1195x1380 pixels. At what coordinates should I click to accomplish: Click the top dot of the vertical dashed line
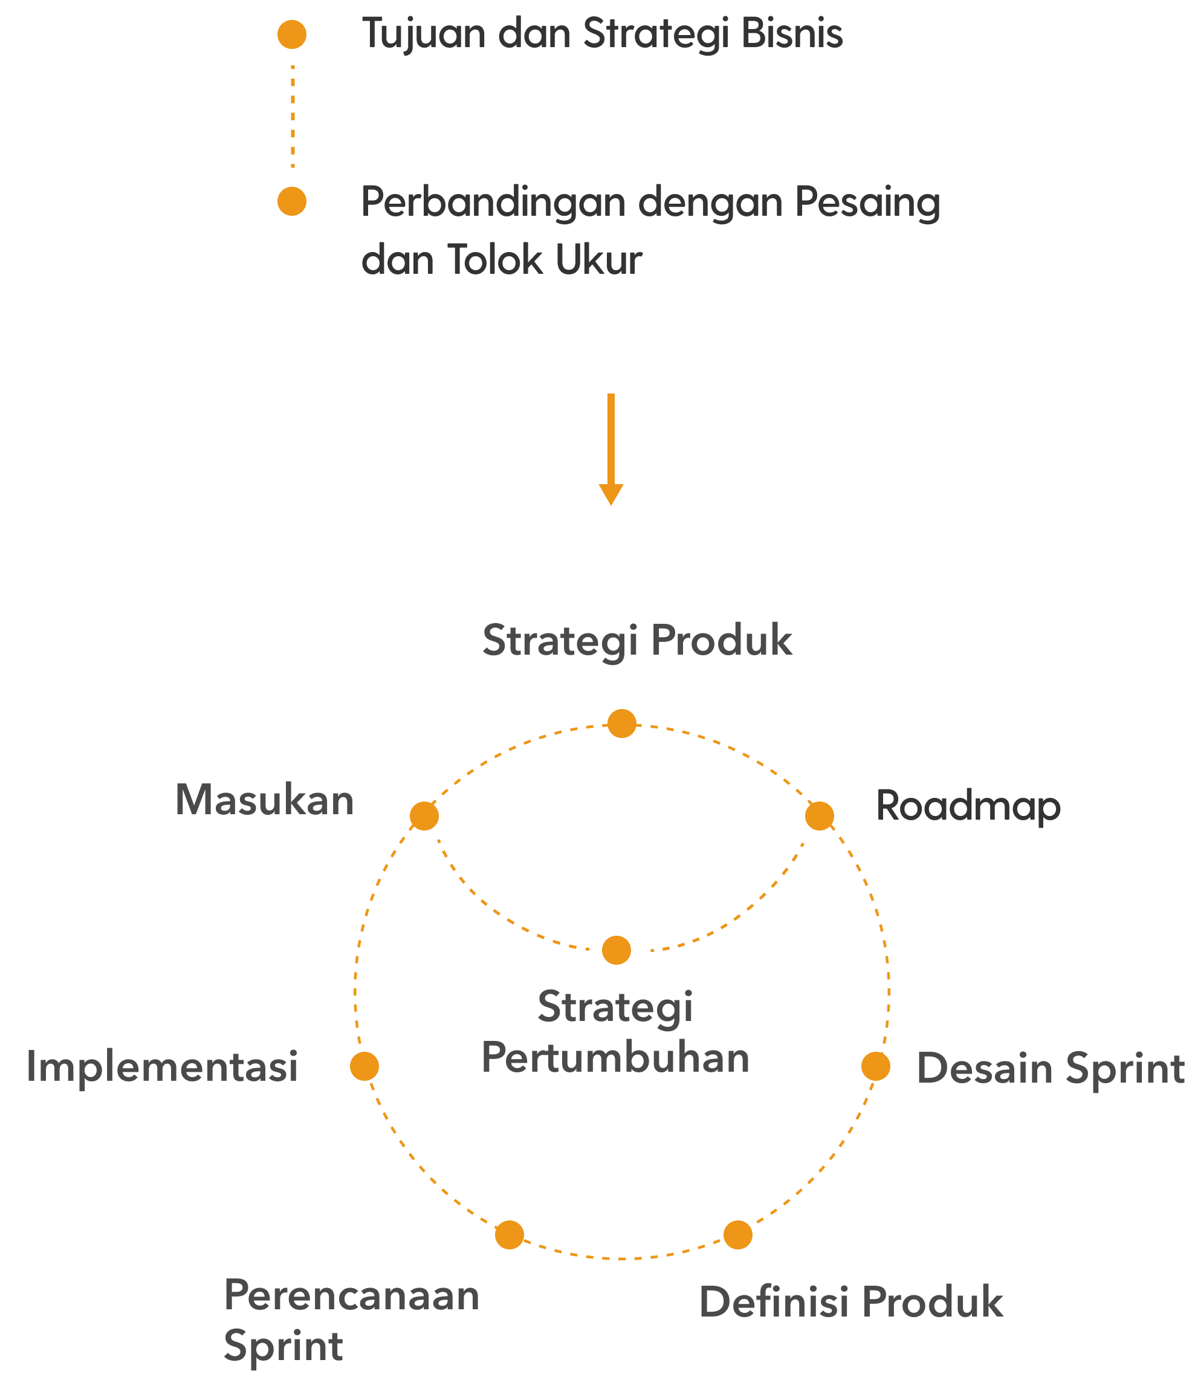pyautogui.click(x=291, y=34)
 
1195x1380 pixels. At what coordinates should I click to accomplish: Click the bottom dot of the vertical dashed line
pyautogui.click(x=291, y=201)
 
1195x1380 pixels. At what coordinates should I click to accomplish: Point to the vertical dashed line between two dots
pyautogui.click(x=293, y=117)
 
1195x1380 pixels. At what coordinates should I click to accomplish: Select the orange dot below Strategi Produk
pyautogui.click(x=621, y=724)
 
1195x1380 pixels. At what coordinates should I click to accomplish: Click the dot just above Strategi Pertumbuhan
pyautogui.click(x=616, y=950)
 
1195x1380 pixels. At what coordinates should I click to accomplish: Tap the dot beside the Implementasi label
pyautogui.click(x=364, y=1066)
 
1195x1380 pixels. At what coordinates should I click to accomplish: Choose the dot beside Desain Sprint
pyautogui.click(x=876, y=1066)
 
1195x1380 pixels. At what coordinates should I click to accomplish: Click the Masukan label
pyautogui.click(x=264, y=800)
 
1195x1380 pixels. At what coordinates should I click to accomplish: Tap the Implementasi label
pyautogui.click(x=162, y=1066)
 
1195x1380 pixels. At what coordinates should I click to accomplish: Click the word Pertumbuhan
pyautogui.click(x=615, y=1059)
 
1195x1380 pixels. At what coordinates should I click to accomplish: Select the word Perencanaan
pyautogui.click(x=351, y=1296)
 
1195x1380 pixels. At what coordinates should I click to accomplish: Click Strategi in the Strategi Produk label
pyautogui.click(x=560, y=641)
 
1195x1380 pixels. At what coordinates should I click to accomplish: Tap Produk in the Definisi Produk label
pyautogui.click(x=932, y=1302)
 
